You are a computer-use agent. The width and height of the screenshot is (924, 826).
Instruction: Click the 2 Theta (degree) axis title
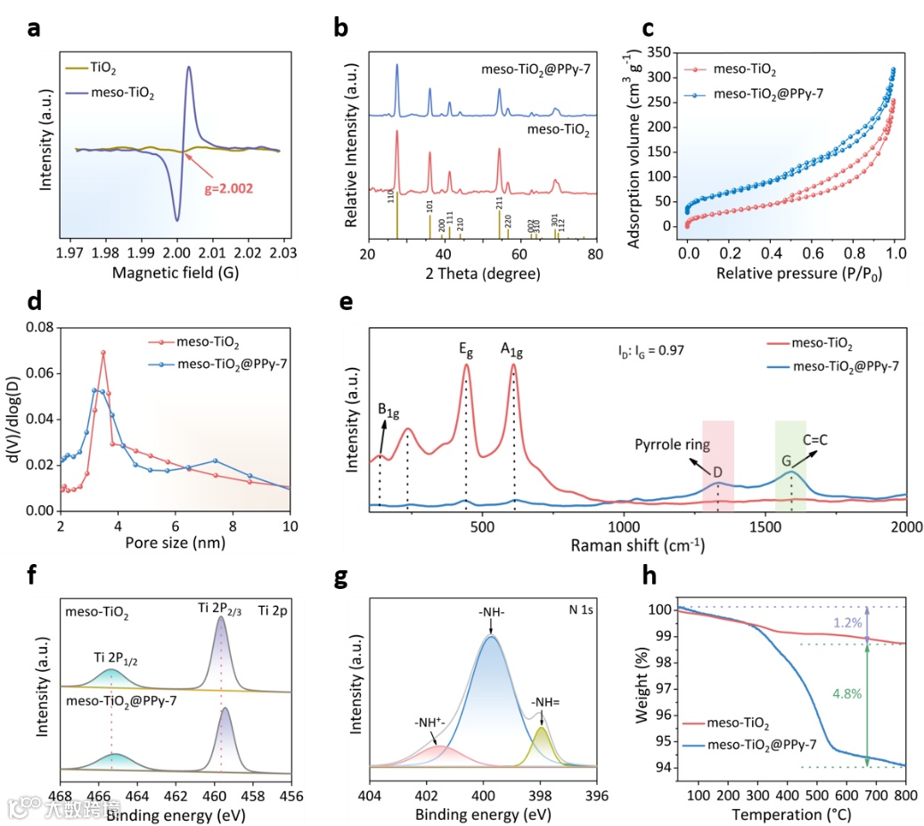click(482, 274)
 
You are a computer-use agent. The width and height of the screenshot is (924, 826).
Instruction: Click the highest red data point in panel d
click(103, 353)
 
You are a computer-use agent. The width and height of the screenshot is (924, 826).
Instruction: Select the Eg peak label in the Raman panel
click(466, 351)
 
